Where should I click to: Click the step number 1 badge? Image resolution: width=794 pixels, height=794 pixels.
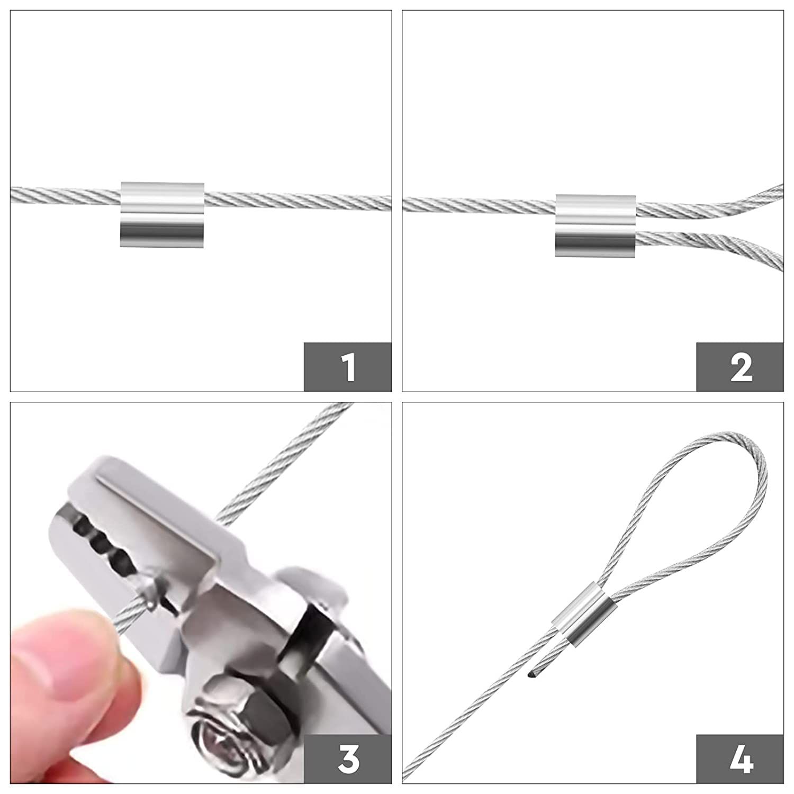(x=348, y=367)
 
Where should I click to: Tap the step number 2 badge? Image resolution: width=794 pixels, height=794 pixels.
(x=740, y=367)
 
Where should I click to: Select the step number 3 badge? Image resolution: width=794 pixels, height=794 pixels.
(x=348, y=759)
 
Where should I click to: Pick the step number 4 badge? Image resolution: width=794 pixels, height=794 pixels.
(x=740, y=759)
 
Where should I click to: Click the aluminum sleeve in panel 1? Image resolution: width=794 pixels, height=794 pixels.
(x=162, y=214)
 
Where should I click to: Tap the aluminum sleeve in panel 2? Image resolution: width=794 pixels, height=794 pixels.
(x=595, y=225)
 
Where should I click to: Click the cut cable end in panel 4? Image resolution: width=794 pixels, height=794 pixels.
(x=531, y=674)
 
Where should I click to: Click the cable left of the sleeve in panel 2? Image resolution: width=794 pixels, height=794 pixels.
(x=479, y=204)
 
